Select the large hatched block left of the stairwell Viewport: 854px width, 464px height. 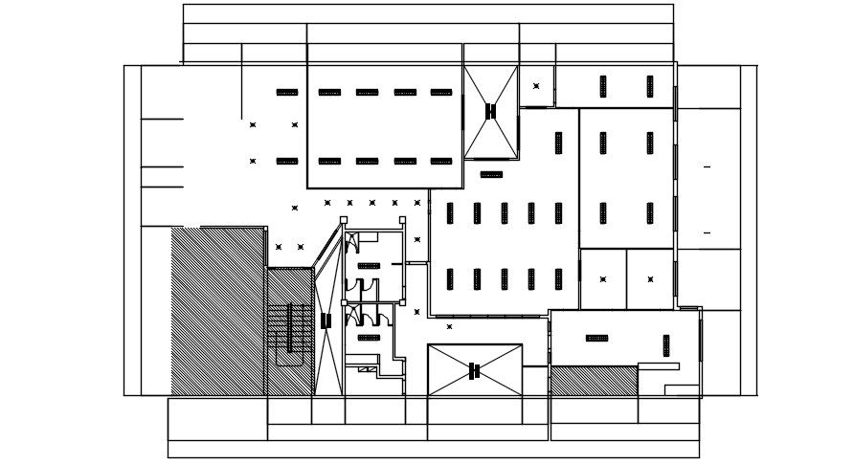click(x=217, y=311)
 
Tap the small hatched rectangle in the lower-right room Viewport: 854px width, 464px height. click(x=594, y=381)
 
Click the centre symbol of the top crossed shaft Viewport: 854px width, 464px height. click(x=491, y=111)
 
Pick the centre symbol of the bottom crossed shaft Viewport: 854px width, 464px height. click(x=474, y=370)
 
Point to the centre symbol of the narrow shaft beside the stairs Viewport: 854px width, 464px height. click(x=326, y=320)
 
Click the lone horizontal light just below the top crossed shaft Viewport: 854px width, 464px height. click(x=491, y=174)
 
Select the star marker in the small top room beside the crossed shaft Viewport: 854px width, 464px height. click(x=536, y=86)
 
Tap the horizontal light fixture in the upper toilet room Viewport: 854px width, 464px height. click(x=370, y=265)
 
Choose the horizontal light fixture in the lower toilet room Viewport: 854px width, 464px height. click(x=370, y=337)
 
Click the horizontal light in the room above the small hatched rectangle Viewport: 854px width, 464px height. click(x=596, y=338)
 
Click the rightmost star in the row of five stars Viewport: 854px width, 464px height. click(x=417, y=203)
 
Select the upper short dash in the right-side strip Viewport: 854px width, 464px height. click(x=708, y=167)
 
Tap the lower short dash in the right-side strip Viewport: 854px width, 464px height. click(x=708, y=232)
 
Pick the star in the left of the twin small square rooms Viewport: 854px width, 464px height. click(x=603, y=279)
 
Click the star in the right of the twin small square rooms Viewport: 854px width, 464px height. click(x=650, y=279)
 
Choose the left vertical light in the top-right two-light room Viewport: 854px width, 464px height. click(x=603, y=86)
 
